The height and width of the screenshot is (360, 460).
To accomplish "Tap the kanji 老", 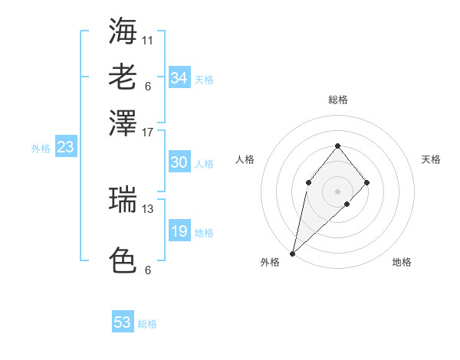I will tap(123, 77).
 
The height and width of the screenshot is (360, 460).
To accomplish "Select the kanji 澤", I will tap(123, 123).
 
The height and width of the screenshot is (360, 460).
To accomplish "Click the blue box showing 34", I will tap(179, 78).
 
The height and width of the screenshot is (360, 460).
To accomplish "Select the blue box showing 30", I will tap(179, 162).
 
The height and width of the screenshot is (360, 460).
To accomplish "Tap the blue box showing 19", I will tap(179, 232).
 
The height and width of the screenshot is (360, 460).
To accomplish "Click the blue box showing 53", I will tap(123, 322).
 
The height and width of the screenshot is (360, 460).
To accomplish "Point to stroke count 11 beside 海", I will tap(148, 40).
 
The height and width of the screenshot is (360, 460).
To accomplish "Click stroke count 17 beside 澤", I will tap(148, 132).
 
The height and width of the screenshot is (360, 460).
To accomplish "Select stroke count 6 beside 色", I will tap(148, 270).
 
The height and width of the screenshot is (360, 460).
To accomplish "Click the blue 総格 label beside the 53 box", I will tap(147, 324).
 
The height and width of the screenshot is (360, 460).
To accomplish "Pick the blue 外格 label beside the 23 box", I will tap(40, 149).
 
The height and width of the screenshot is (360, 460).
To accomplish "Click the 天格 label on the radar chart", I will tap(431, 159).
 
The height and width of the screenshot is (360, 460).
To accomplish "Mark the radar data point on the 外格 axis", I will tap(293, 253).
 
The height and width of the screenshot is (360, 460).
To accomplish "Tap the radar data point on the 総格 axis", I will tap(337, 146).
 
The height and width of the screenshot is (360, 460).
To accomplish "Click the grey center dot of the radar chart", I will tap(337, 191).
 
